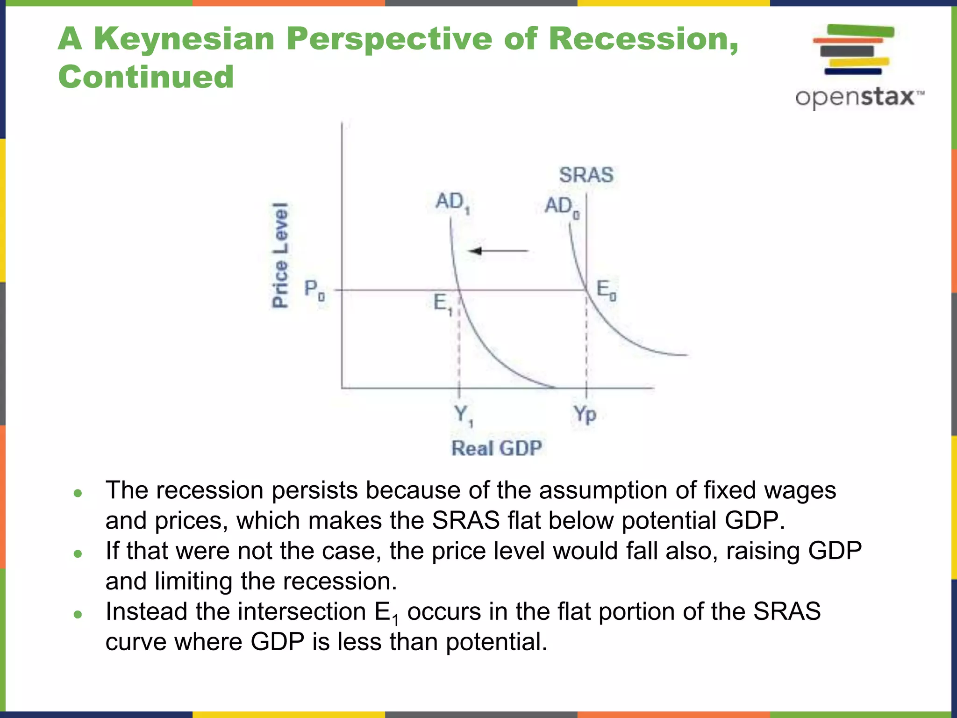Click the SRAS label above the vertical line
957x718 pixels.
click(x=586, y=175)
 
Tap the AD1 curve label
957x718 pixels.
click(x=452, y=202)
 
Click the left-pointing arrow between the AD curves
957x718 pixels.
click(x=498, y=251)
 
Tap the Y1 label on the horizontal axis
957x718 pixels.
click(x=463, y=415)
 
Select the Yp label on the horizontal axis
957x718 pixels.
click(x=585, y=414)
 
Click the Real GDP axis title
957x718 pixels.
click(x=496, y=448)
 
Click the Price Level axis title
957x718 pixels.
click(x=280, y=255)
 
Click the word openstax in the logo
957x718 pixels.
click(x=855, y=97)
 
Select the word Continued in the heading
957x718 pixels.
click(x=146, y=77)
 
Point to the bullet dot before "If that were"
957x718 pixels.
click(x=78, y=554)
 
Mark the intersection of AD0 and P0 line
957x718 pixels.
click(x=586, y=290)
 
